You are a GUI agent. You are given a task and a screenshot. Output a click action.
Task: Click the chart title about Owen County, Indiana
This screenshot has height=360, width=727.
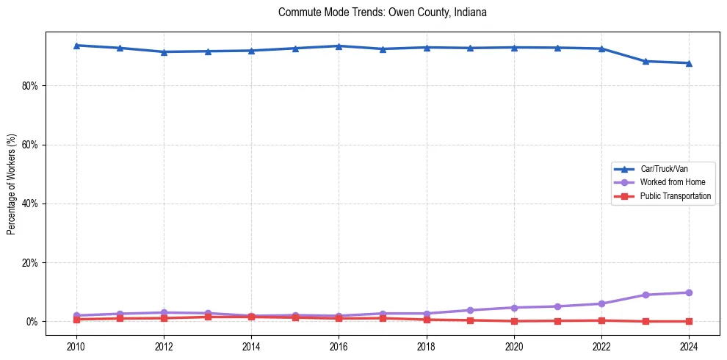point(383,12)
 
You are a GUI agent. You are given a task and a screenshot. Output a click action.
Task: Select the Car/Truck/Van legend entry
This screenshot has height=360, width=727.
point(664,169)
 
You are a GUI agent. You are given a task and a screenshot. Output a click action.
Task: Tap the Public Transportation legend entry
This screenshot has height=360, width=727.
point(675,196)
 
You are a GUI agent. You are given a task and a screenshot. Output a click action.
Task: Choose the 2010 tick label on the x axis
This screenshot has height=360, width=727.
point(76,346)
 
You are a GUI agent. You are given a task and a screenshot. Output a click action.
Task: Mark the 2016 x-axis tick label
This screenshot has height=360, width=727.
point(339,346)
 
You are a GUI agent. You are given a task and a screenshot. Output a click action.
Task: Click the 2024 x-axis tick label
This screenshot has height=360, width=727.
point(689,346)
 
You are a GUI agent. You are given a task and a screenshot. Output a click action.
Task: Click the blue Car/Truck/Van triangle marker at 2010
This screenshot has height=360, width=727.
point(76,46)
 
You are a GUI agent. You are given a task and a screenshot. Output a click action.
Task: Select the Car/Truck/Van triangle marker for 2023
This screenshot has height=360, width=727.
point(645,61)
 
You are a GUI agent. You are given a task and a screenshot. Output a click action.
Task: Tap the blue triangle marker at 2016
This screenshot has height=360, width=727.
point(339,46)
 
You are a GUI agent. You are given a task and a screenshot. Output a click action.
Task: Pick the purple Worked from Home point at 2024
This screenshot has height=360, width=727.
point(689,292)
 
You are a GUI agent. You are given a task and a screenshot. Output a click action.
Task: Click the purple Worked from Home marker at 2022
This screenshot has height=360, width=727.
point(601,303)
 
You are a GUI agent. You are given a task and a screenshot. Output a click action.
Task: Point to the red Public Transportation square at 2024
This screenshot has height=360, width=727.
point(689,321)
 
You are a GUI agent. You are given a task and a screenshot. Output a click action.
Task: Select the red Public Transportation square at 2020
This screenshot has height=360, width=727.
point(514,321)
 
